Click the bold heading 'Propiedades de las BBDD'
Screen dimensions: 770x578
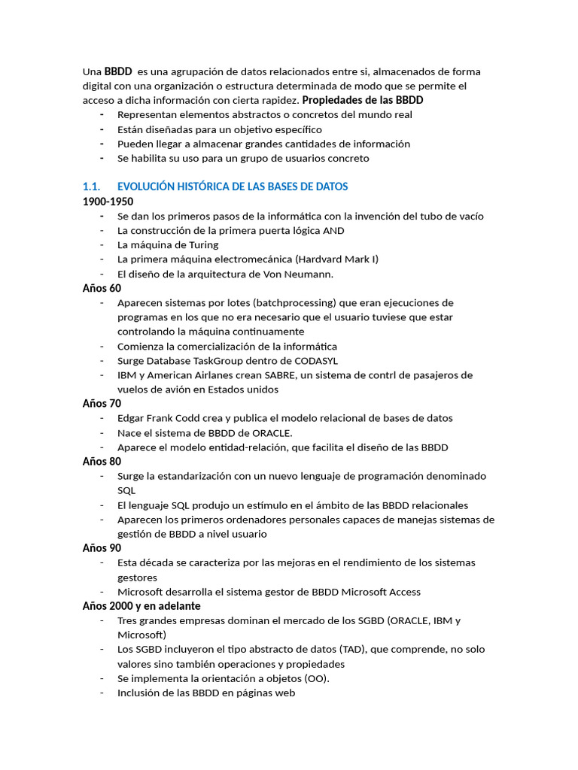[x=363, y=100]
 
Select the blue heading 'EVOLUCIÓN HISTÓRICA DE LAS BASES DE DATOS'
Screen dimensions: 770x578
[x=233, y=186]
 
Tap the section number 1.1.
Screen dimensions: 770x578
[x=91, y=186]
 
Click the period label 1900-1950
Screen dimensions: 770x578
[x=108, y=202]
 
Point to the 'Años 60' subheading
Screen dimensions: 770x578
[x=102, y=288]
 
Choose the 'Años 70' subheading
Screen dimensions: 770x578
[x=102, y=403]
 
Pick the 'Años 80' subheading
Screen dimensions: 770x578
[x=102, y=461]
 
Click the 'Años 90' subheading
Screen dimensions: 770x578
[x=102, y=548]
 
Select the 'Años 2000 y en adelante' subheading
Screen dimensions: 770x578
[x=141, y=605]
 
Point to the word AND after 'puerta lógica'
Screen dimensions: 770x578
[x=333, y=230]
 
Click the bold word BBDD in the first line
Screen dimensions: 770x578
[x=118, y=71]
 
